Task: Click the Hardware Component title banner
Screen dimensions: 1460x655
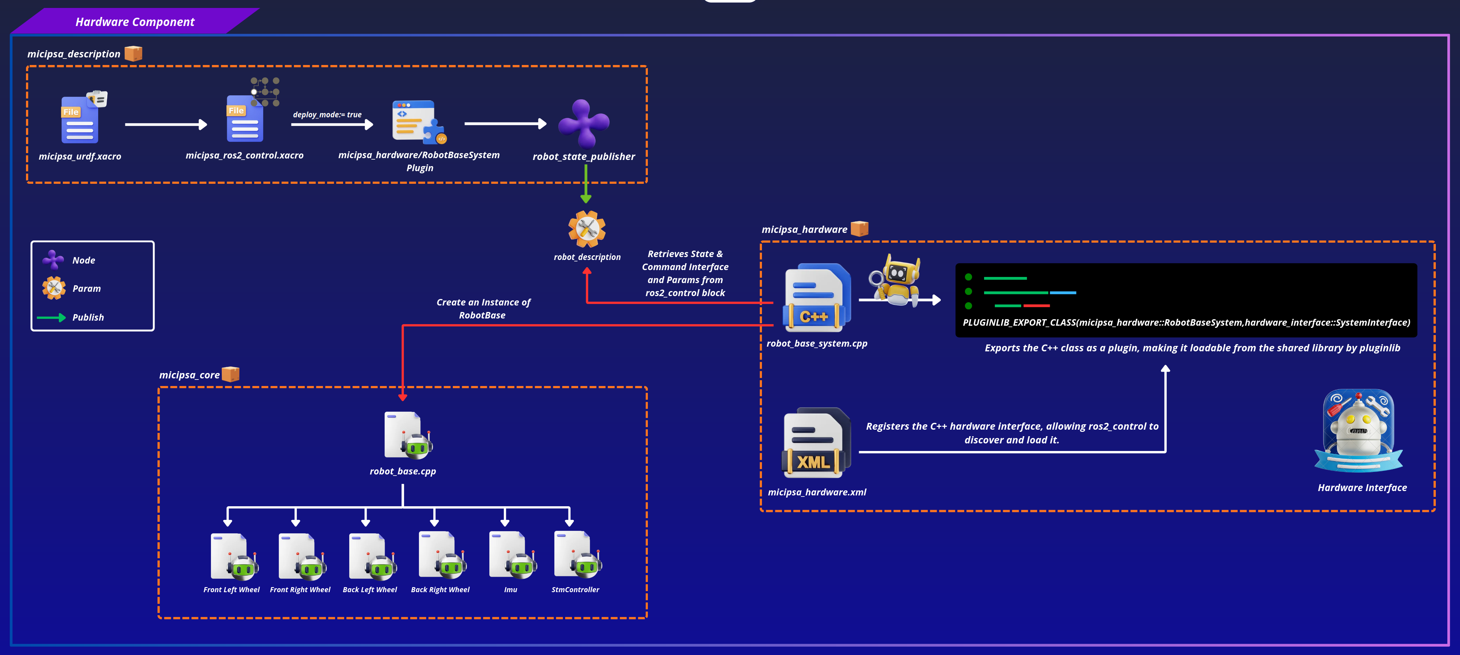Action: point(135,22)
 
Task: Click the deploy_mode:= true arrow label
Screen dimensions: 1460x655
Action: point(327,114)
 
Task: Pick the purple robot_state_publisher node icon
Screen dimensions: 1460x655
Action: point(584,123)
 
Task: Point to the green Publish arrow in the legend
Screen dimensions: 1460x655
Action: point(51,318)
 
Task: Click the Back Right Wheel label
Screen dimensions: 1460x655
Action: point(440,590)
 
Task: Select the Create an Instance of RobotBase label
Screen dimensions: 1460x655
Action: point(483,309)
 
